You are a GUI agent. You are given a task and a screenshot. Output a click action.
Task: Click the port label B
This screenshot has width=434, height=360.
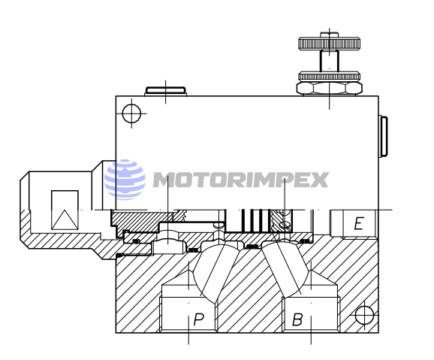click(297, 319)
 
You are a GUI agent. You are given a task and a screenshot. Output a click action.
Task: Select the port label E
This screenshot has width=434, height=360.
click(359, 223)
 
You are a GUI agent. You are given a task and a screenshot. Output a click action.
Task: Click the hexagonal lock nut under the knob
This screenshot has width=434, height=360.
click(328, 86)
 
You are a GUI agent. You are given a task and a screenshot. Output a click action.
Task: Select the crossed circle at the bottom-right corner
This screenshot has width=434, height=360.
click(365, 314)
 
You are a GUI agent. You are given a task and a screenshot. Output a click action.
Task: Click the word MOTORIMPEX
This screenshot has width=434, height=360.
click(240, 180)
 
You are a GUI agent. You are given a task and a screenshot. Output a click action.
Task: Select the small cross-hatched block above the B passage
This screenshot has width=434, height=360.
click(283, 222)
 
